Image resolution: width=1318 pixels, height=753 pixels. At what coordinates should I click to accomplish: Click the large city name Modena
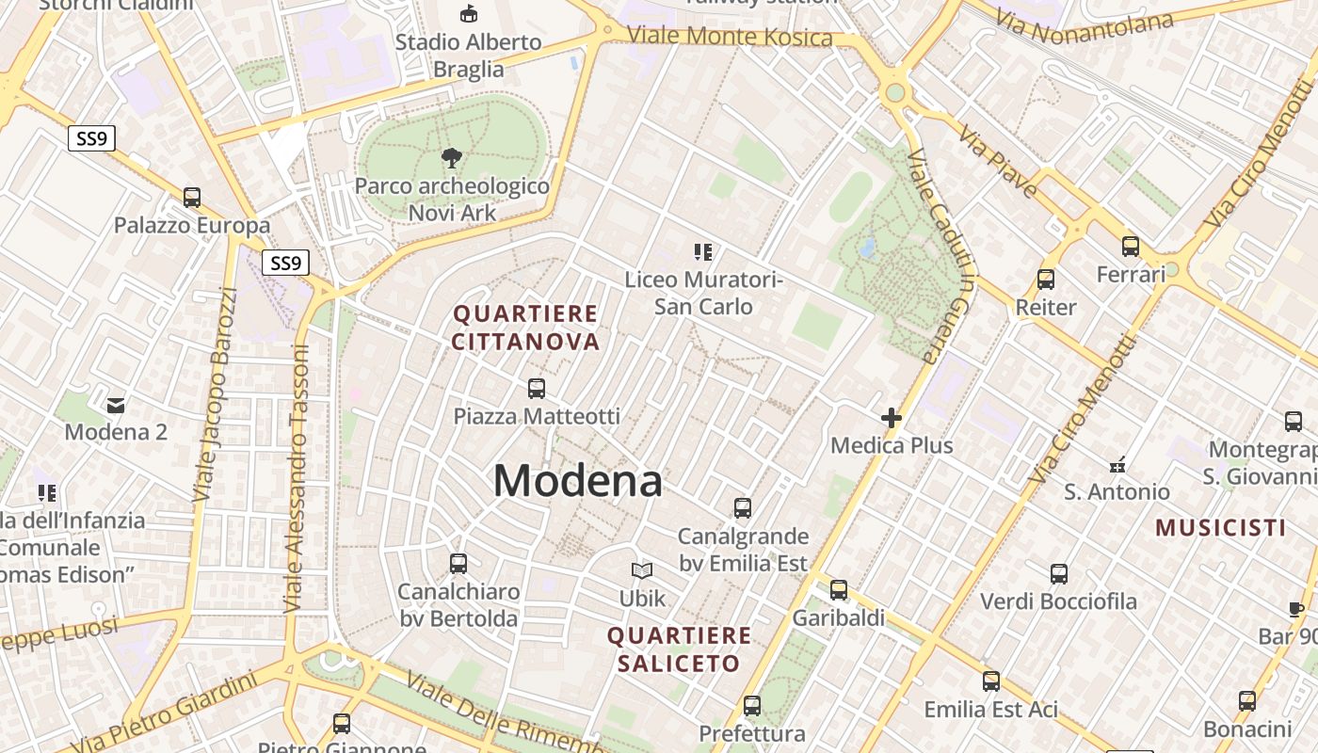click(x=578, y=481)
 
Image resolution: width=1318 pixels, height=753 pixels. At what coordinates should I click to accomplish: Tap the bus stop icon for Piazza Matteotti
click(x=537, y=388)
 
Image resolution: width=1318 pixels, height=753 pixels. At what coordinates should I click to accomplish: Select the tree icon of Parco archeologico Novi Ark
click(x=452, y=158)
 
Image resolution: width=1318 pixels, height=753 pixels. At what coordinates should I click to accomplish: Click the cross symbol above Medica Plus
click(x=892, y=418)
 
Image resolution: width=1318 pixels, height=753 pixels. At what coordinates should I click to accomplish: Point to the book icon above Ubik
click(x=642, y=570)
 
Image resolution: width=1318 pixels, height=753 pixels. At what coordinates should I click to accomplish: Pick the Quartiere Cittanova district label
click(x=525, y=327)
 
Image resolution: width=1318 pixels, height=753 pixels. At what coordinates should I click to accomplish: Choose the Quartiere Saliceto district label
click(x=679, y=649)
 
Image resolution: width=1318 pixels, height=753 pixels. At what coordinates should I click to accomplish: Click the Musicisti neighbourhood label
click(x=1220, y=527)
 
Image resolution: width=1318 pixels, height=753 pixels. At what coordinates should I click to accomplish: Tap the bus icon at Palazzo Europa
click(x=192, y=198)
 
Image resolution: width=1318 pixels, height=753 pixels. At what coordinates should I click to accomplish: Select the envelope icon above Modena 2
click(x=116, y=406)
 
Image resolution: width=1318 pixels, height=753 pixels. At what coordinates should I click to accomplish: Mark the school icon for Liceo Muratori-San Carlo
click(x=703, y=251)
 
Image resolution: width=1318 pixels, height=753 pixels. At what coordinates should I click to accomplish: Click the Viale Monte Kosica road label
click(x=730, y=37)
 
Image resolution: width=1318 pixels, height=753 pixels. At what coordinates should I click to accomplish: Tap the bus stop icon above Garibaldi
click(x=839, y=590)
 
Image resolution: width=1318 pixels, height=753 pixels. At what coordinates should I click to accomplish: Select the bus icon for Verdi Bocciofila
click(x=1059, y=573)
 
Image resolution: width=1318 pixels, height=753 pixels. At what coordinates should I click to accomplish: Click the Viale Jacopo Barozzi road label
click(x=214, y=393)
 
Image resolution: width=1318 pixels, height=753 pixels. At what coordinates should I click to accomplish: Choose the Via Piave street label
click(x=998, y=161)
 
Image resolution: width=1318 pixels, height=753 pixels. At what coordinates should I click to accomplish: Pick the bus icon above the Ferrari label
click(x=1131, y=247)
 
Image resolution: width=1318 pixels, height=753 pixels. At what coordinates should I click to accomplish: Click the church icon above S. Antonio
click(x=1117, y=464)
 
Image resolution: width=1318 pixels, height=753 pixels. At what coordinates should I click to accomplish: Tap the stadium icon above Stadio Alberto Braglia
click(x=468, y=13)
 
